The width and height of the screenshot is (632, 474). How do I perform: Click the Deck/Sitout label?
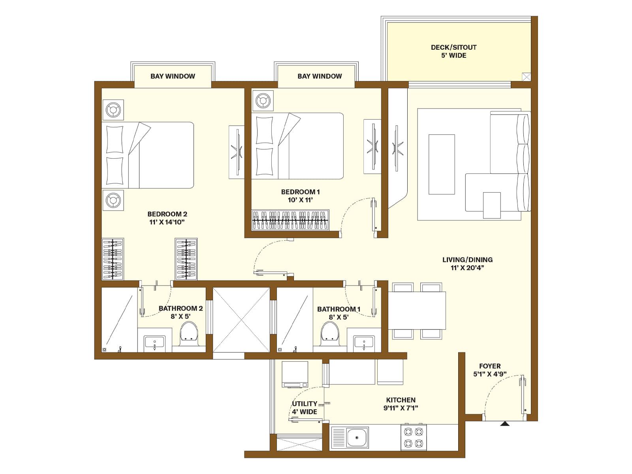click(453, 51)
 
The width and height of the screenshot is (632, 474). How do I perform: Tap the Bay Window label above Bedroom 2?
click(173, 76)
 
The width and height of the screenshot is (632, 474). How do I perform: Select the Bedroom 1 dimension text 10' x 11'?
click(300, 200)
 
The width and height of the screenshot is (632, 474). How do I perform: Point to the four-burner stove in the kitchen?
click(414, 437)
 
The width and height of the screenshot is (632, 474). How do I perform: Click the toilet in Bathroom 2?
click(188, 332)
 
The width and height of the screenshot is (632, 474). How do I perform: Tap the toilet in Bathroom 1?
click(330, 332)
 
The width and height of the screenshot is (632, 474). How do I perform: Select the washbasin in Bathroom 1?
click(364, 343)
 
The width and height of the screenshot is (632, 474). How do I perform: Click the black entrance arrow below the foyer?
click(504, 424)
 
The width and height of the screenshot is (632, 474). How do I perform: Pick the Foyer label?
click(490, 366)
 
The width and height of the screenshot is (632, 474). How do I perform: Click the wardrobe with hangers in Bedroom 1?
click(290, 220)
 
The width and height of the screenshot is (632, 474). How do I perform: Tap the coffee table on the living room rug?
click(442, 164)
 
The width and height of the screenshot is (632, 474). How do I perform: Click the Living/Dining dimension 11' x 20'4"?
click(467, 268)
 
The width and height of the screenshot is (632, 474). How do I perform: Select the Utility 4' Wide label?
click(305, 408)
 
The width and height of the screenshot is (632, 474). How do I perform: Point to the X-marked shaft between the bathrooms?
click(241, 320)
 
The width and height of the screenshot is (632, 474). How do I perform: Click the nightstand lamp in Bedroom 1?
click(263, 100)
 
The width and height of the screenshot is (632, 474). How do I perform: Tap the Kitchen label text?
click(401, 400)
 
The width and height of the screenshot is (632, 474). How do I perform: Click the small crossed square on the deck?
click(527, 77)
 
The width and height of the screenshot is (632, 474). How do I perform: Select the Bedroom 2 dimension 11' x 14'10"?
click(167, 222)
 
